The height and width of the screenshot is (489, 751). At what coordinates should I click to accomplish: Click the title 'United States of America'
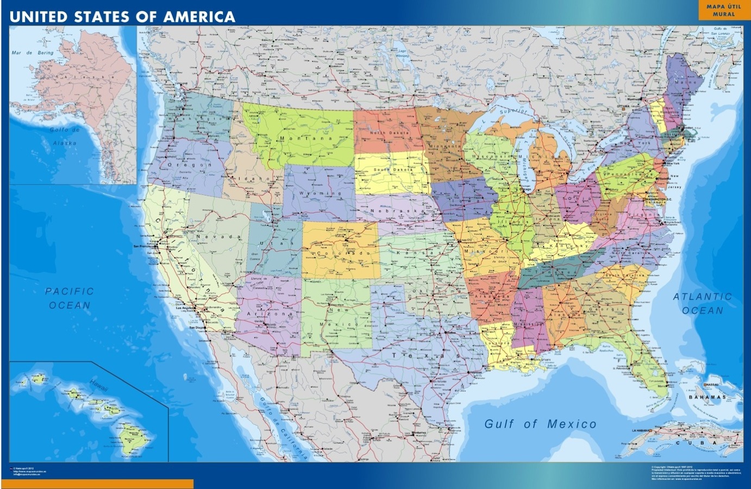point(122,16)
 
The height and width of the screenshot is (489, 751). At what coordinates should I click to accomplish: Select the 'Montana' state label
point(298,139)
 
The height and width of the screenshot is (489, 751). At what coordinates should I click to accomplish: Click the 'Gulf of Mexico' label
point(540,424)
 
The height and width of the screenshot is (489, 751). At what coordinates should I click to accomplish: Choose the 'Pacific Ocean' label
point(70,298)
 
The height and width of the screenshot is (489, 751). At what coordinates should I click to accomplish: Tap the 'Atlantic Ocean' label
point(703,303)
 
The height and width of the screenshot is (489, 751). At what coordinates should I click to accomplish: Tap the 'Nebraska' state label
point(397,210)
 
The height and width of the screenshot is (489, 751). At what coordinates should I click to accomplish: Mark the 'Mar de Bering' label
point(33,53)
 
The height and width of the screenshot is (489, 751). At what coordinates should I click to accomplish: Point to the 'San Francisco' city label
point(143,246)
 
